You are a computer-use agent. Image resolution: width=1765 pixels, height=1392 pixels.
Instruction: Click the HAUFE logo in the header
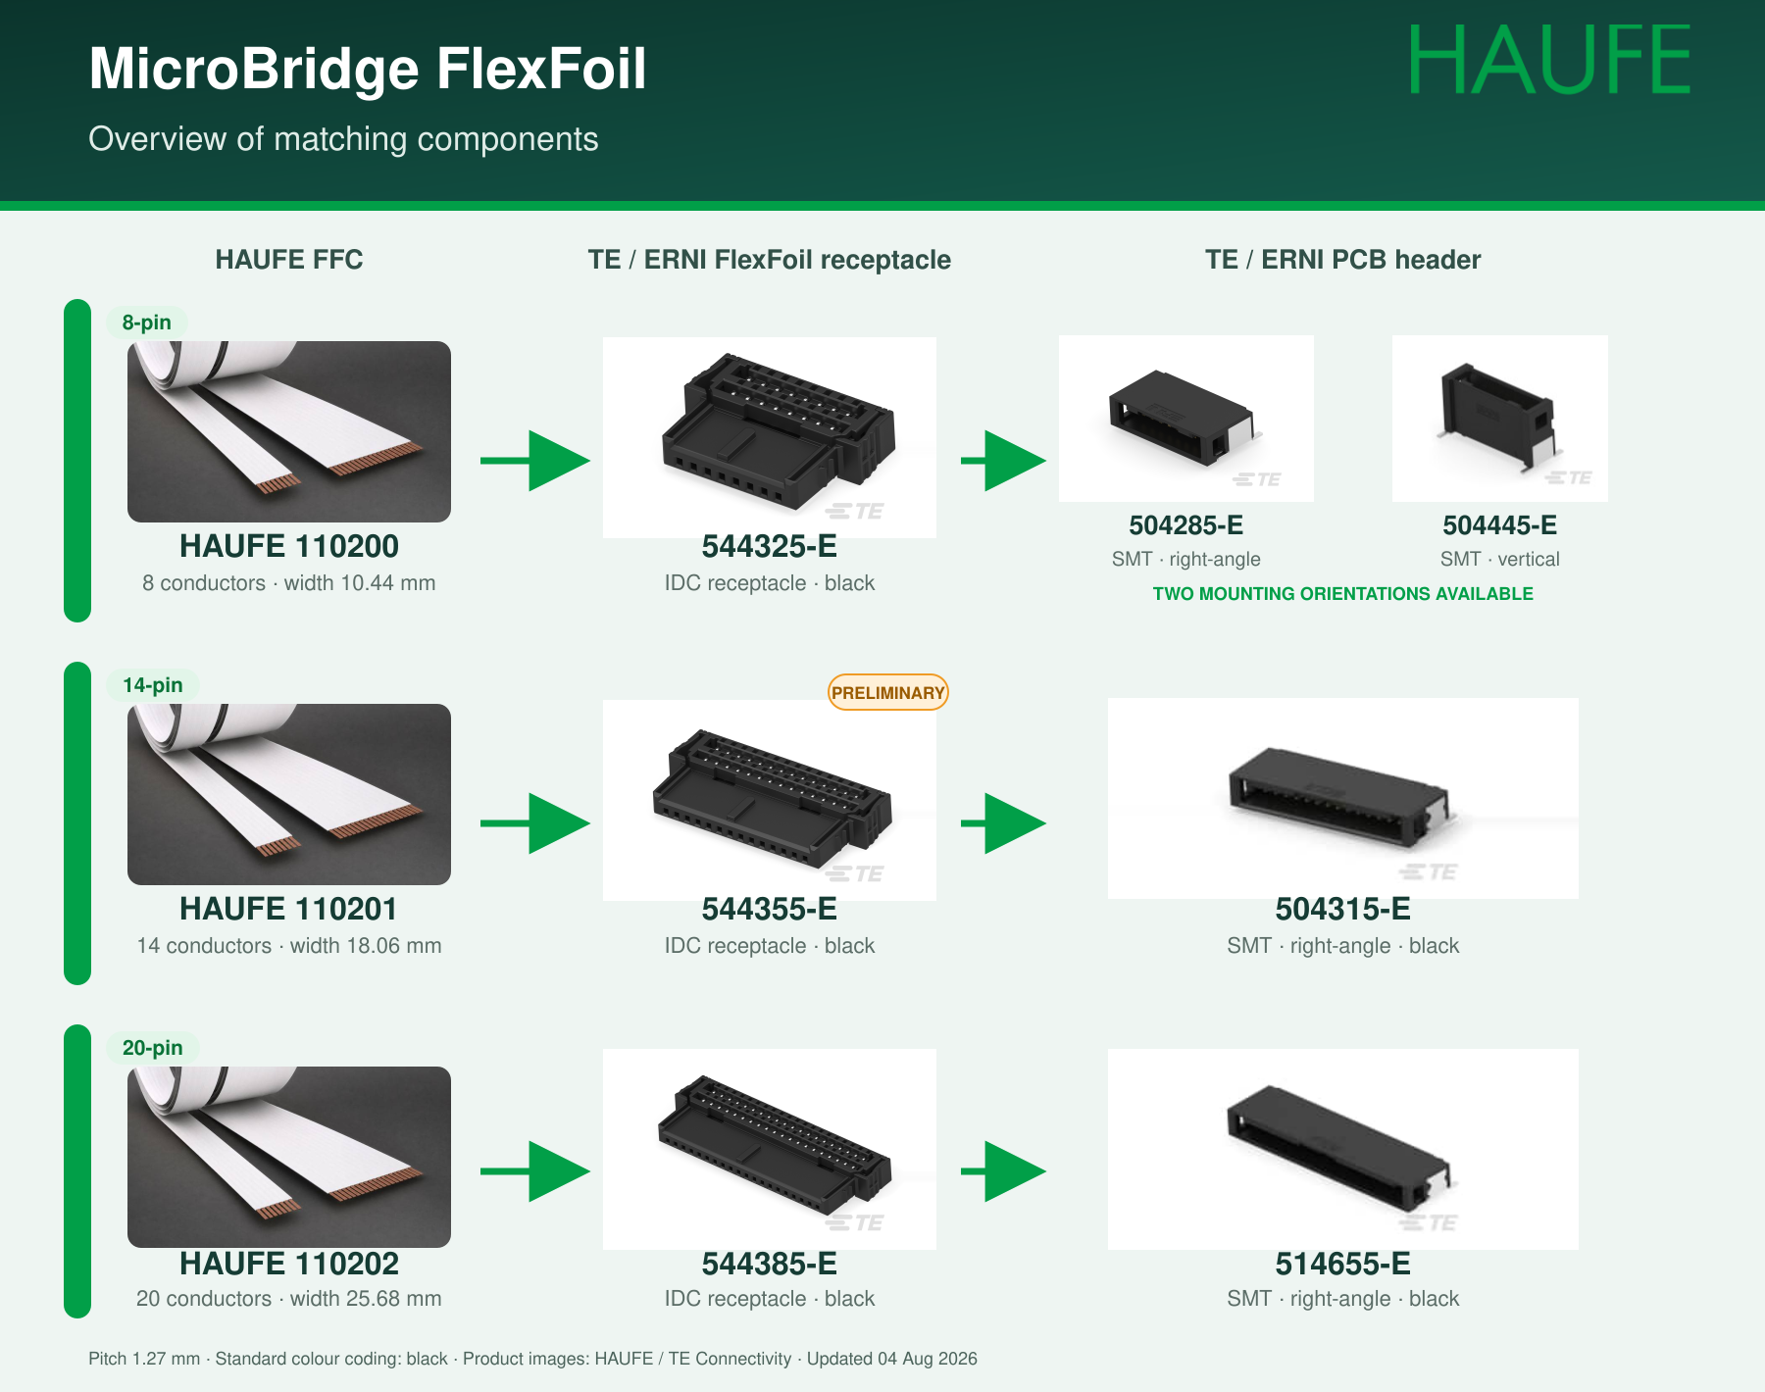[1549, 61]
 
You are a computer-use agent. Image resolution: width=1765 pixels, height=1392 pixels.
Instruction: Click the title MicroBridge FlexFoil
[368, 69]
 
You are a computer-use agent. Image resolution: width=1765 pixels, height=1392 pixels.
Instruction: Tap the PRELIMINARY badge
[888, 692]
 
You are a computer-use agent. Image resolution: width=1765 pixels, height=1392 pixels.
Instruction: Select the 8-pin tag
[147, 323]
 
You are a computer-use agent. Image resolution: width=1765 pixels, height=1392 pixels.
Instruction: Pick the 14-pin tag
[153, 685]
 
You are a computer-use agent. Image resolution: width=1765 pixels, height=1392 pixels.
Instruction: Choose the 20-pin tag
[153, 1048]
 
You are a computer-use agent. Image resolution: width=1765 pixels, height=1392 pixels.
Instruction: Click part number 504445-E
[1500, 525]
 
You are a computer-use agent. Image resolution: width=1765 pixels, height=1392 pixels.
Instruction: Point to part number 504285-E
[1186, 525]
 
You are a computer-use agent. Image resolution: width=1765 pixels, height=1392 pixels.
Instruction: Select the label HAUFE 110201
[288, 909]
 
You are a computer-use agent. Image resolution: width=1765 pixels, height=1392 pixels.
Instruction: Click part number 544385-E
[770, 1264]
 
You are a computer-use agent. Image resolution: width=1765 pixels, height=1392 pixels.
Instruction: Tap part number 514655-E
[1343, 1264]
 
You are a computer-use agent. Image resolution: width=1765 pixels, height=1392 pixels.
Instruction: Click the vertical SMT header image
[1500, 419]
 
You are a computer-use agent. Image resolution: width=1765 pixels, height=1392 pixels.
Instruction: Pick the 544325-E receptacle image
[770, 437]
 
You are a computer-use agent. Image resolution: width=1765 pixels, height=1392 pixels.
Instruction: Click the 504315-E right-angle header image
[1343, 798]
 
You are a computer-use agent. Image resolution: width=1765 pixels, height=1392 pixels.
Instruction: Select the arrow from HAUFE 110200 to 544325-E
[535, 461]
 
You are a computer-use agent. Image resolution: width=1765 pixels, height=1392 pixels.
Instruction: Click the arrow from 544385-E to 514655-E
[1003, 1171]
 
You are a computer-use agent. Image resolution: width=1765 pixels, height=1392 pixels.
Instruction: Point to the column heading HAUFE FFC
[289, 260]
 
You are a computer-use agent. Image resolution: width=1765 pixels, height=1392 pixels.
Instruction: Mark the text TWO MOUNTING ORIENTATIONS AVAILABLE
[1343, 594]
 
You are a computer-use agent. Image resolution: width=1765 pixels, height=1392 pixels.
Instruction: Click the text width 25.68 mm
[366, 1299]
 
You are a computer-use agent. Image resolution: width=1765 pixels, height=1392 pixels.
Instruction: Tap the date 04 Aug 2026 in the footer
[928, 1359]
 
